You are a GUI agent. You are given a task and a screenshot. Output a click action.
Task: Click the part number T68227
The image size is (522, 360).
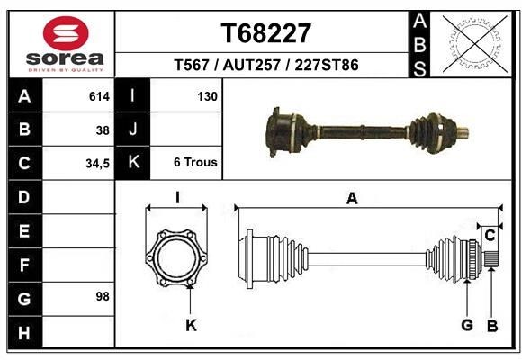pos(266,34)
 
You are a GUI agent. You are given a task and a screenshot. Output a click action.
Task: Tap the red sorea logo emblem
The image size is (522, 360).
pos(66,34)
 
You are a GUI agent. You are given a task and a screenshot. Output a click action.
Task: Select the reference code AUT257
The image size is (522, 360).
pos(266,65)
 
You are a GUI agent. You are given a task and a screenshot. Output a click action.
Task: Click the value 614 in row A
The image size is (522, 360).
pos(99,95)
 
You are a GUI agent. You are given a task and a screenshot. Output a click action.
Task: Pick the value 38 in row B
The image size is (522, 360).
pos(103,130)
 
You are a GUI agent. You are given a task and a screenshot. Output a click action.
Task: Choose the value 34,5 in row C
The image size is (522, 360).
pos(96,164)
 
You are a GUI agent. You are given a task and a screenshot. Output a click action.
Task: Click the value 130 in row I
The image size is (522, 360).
pos(206,95)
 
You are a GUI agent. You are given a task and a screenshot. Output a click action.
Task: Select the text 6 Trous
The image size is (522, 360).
pos(195,163)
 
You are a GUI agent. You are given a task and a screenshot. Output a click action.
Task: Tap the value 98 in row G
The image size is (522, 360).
pos(102,296)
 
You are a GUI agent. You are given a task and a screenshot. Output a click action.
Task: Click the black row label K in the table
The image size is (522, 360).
pos(133,163)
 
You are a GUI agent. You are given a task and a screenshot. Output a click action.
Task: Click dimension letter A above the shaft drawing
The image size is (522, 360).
pos(352,199)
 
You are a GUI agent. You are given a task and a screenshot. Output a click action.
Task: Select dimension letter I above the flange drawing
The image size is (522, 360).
pos(177,198)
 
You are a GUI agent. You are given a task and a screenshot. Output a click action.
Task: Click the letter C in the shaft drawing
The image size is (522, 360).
pos(490,236)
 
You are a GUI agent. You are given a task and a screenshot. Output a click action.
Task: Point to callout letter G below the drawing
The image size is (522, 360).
pos(467,325)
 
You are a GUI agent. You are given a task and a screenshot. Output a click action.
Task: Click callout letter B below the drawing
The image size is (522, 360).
pos(491,325)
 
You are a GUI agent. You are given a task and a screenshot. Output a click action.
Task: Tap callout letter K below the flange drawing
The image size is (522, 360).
pos(191,325)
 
